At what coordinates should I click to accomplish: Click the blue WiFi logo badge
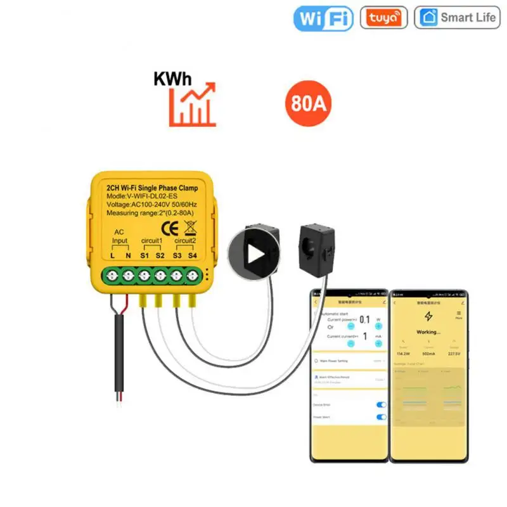323,18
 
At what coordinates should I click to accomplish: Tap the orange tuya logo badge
383,18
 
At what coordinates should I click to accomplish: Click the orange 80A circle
309,103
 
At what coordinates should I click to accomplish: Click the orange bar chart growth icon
192,106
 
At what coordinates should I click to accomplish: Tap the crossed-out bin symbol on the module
188,228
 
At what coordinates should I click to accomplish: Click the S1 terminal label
144,255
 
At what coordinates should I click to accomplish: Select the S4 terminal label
193,255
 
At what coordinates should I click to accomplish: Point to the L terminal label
112,255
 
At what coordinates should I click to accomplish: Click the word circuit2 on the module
185,241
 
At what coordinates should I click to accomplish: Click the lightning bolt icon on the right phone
428,316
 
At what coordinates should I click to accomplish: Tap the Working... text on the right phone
428,331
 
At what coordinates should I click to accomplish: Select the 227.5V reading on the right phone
454,354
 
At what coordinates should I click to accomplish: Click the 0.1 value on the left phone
364,320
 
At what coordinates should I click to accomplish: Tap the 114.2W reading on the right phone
402,354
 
